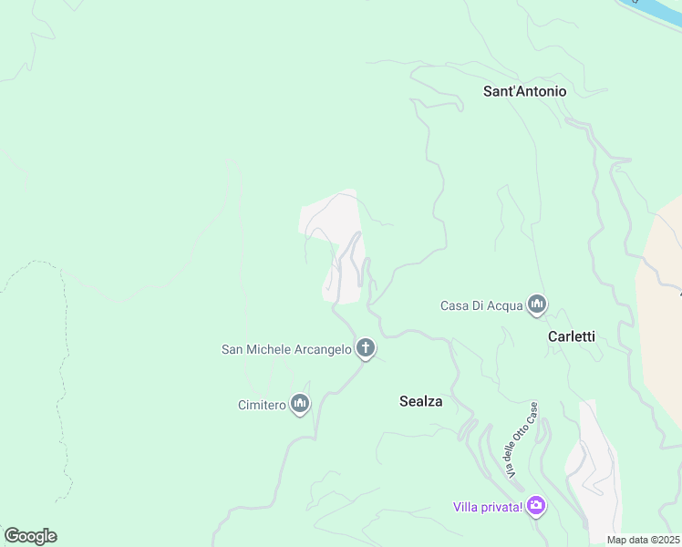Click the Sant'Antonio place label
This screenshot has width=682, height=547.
524,91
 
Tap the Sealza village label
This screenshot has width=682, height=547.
420,400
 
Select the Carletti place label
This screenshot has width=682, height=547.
571,336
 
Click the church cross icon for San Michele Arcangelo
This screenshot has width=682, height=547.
366,347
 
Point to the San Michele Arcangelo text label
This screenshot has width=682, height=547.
286,349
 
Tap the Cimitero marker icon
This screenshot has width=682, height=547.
300,403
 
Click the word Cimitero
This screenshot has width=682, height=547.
262,404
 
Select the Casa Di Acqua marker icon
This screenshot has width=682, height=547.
537,304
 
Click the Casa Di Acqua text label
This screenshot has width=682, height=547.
480,305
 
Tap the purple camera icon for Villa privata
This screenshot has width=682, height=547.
536,505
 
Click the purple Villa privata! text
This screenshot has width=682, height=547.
488,507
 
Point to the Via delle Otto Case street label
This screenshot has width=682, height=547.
522,440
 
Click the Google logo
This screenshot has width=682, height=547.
30,536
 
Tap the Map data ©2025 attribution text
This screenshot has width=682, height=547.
643,540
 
